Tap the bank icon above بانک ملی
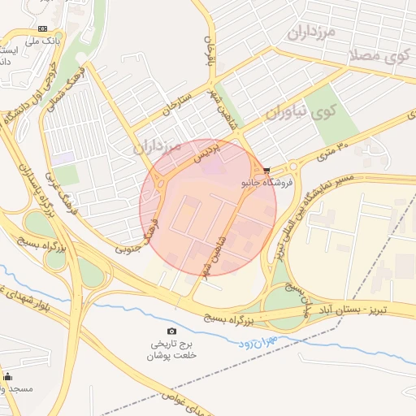coord(42,28)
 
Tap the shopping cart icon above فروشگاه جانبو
coord(266,171)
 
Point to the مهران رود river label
coord(259,342)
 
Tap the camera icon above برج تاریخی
coord(171,331)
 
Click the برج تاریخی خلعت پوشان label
coord(171,349)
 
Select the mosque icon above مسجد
coord(8,376)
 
